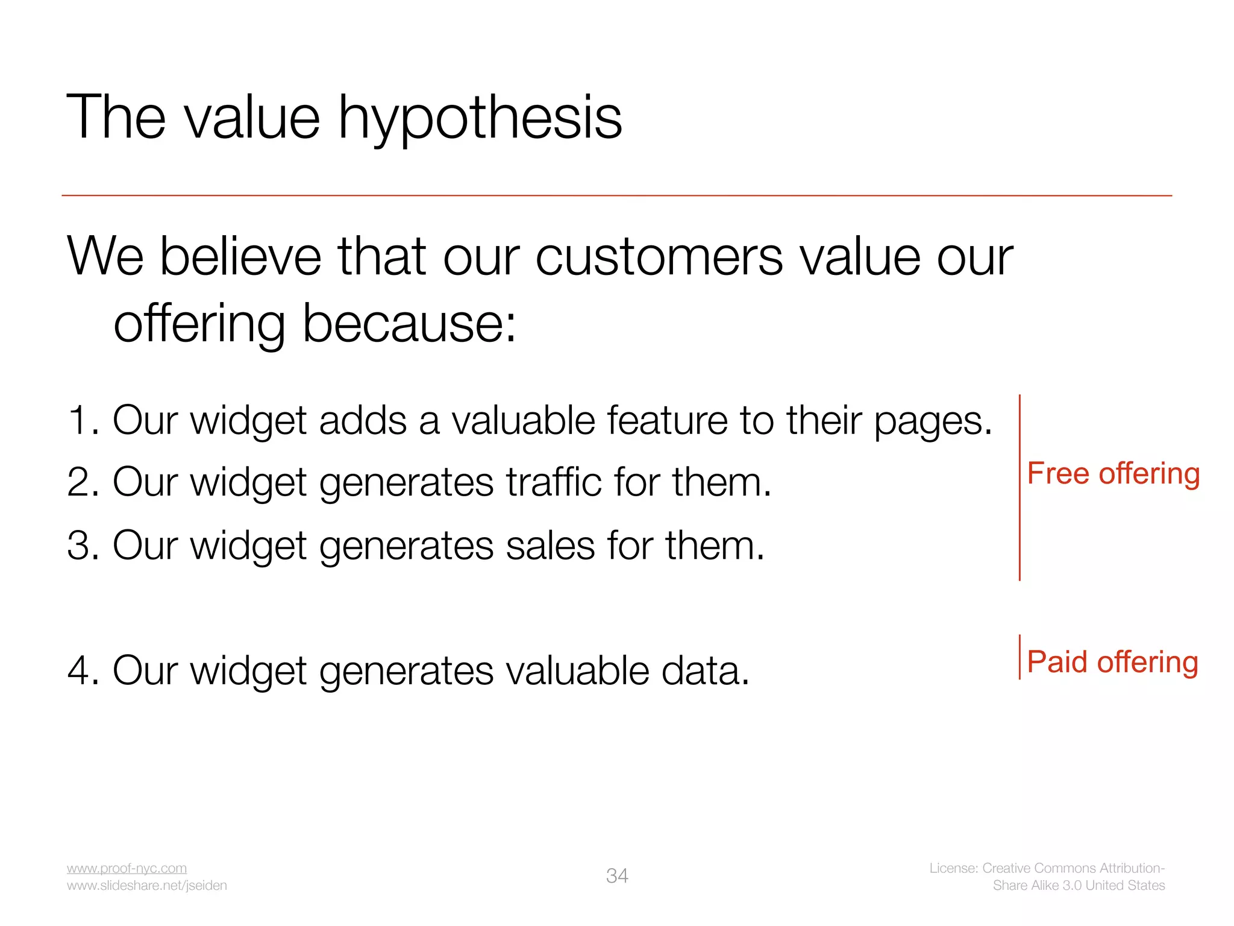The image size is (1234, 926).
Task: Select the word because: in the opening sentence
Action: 409,324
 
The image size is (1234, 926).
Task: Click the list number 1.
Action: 81,420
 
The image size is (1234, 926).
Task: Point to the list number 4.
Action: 83,670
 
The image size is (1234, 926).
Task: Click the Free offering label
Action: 1113,474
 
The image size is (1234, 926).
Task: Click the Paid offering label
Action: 1112,662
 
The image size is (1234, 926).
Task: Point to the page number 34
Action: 617,876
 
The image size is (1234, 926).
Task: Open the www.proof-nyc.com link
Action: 127,868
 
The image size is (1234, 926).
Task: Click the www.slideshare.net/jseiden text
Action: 146,886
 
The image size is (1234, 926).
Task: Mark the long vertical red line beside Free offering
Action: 1019,488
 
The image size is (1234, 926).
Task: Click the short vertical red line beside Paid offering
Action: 1019,657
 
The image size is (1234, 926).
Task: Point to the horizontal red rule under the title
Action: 617,195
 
